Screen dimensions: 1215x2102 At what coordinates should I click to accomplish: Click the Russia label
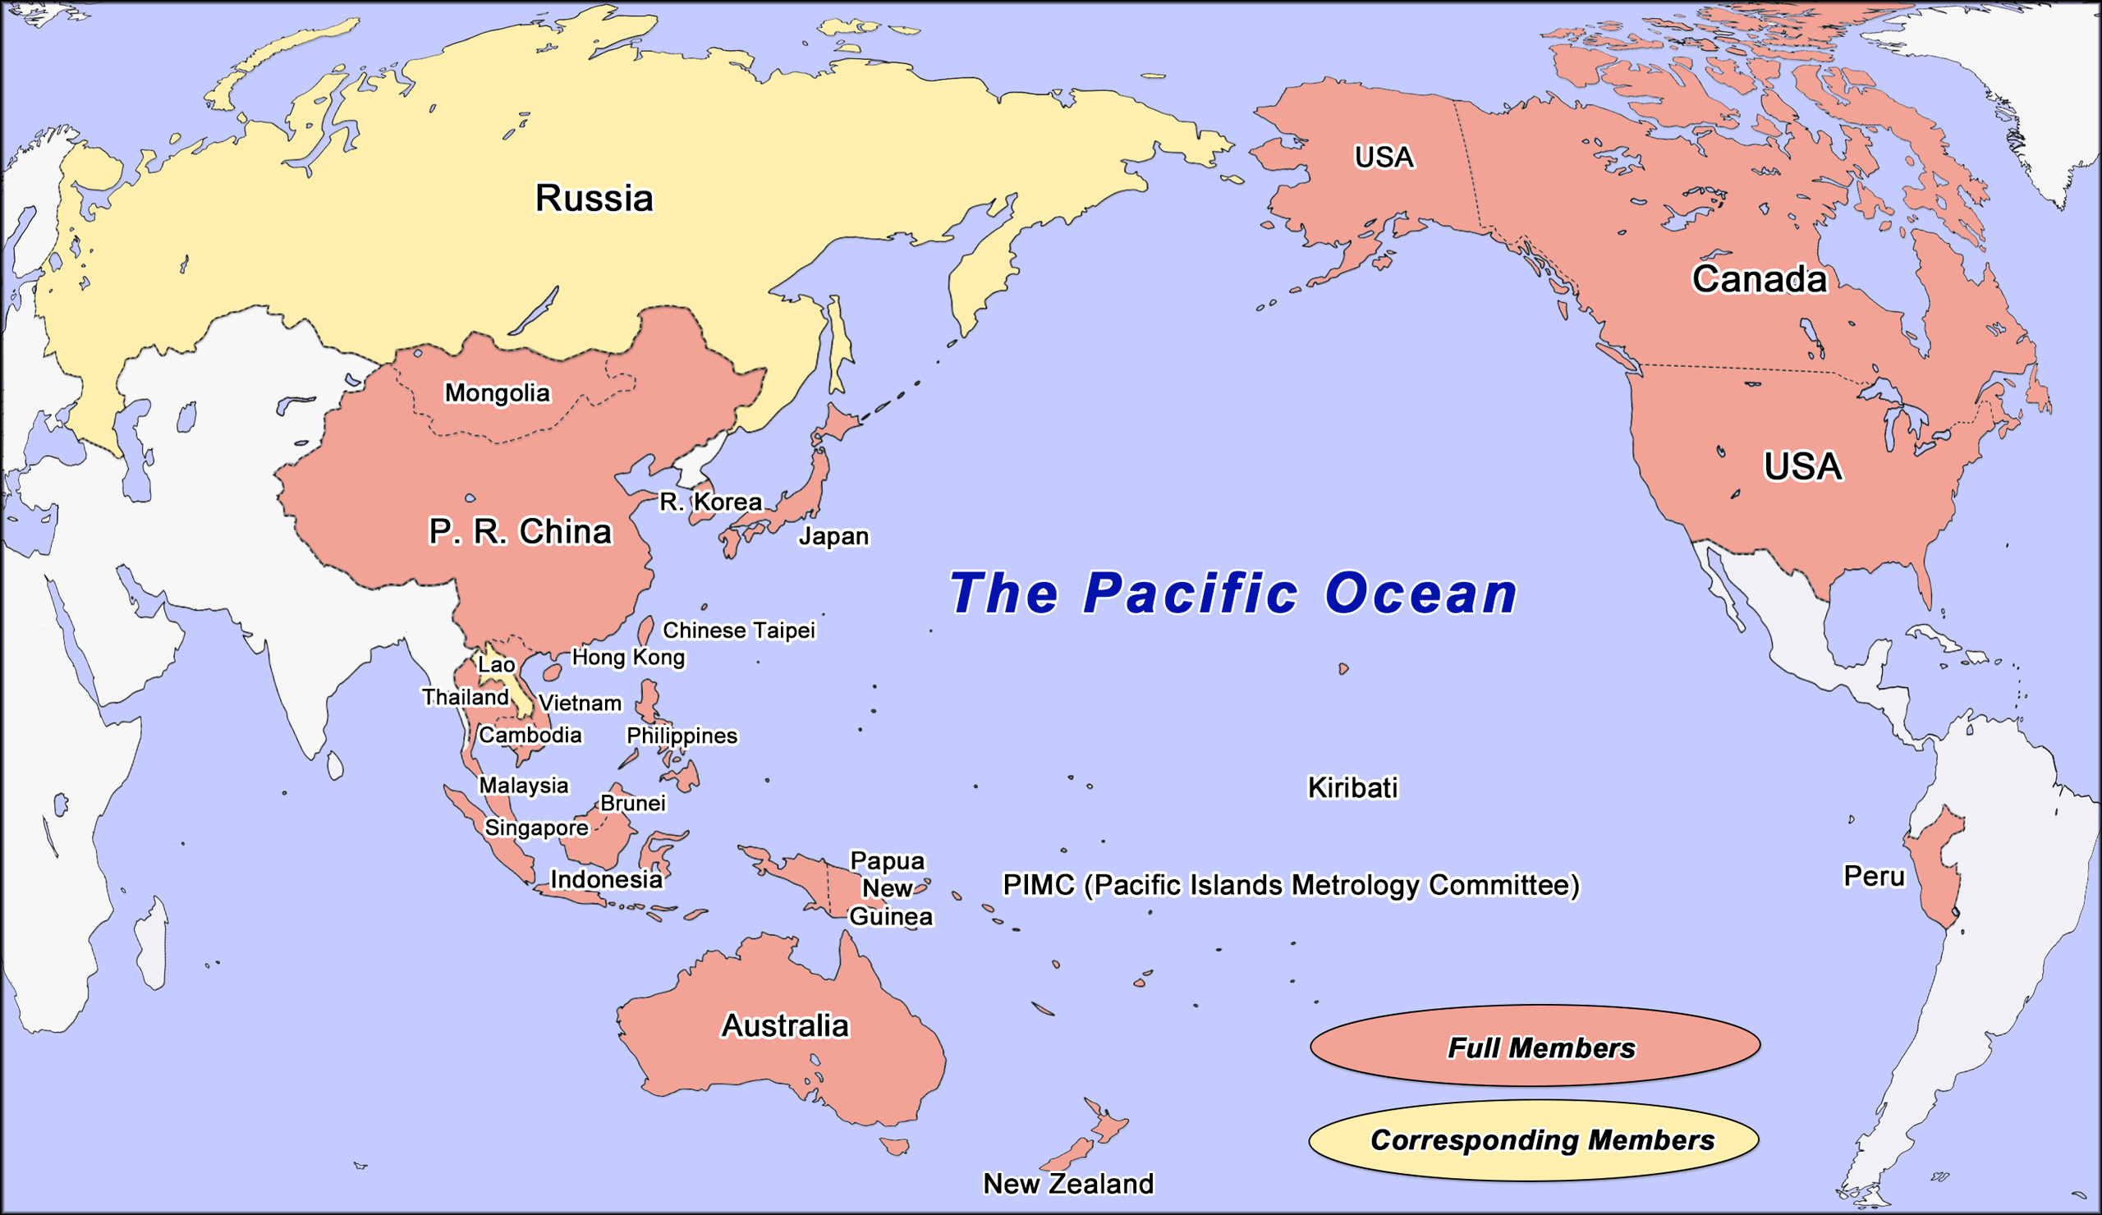[594, 199]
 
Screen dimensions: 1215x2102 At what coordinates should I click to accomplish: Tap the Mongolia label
[497, 392]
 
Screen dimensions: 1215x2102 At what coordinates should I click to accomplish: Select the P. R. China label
[520, 531]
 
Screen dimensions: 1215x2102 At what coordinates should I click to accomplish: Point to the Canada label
[1759, 278]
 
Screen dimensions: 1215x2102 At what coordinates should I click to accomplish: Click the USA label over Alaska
[1384, 157]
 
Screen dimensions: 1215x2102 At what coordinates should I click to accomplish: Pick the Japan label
[833, 535]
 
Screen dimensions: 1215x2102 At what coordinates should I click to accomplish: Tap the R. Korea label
[711, 501]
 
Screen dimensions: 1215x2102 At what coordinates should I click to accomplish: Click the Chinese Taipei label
[738, 630]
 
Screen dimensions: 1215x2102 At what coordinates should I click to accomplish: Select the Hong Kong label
[628, 657]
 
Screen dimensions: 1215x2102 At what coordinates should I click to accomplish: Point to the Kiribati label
[1352, 787]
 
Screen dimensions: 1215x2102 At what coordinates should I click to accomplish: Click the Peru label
[1875, 877]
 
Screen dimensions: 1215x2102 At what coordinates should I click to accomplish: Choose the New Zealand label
[1067, 1183]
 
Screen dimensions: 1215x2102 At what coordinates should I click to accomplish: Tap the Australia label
[785, 1025]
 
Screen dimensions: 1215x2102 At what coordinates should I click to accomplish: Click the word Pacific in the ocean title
[1191, 594]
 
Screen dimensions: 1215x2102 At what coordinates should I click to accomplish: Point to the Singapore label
[536, 828]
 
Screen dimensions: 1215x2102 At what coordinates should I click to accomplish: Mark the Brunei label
[633, 803]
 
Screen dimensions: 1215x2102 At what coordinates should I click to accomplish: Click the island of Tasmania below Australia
[895, 1148]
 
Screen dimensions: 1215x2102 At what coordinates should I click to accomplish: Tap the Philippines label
[682, 736]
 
